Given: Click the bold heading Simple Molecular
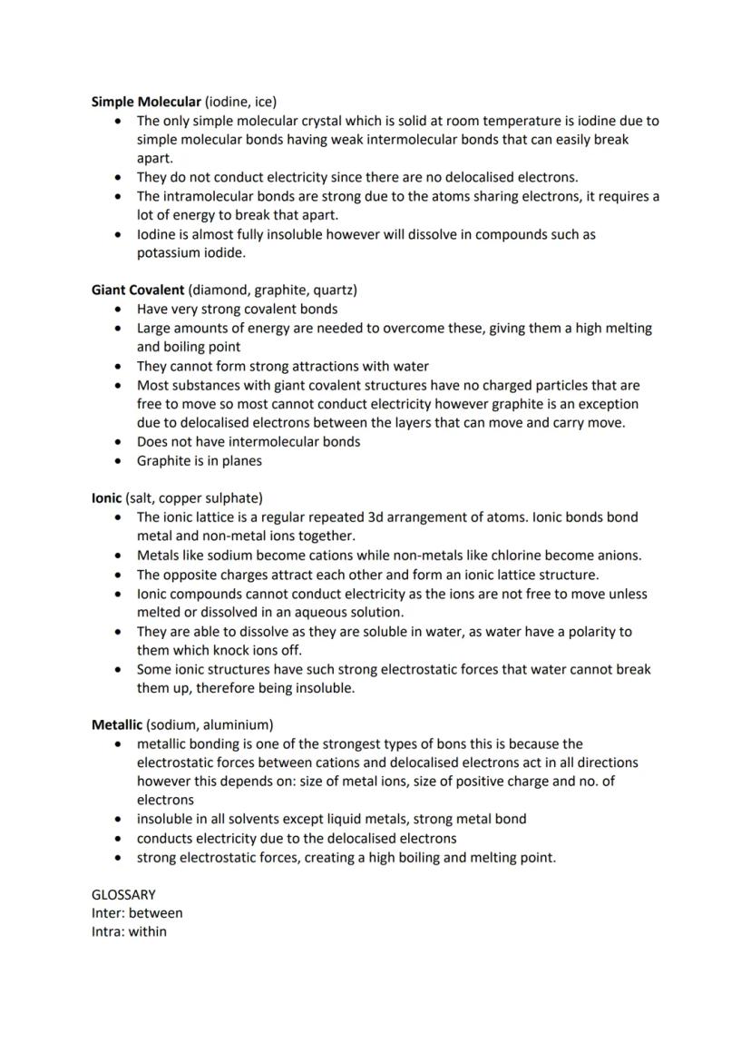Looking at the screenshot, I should pyautogui.click(x=146, y=102).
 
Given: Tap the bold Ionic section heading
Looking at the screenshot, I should pyautogui.click(x=107, y=498).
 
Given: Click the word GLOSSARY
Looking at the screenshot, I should pyautogui.click(x=123, y=894).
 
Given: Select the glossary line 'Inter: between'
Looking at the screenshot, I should pyautogui.click(x=137, y=913).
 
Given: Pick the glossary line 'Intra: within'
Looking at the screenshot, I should pyautogui.click(x=129, y=931).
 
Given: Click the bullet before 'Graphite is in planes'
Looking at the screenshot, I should pyautogui.click(x=119, y=461).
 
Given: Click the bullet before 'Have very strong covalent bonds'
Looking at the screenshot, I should pyautogui.click(x=119, y=310).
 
